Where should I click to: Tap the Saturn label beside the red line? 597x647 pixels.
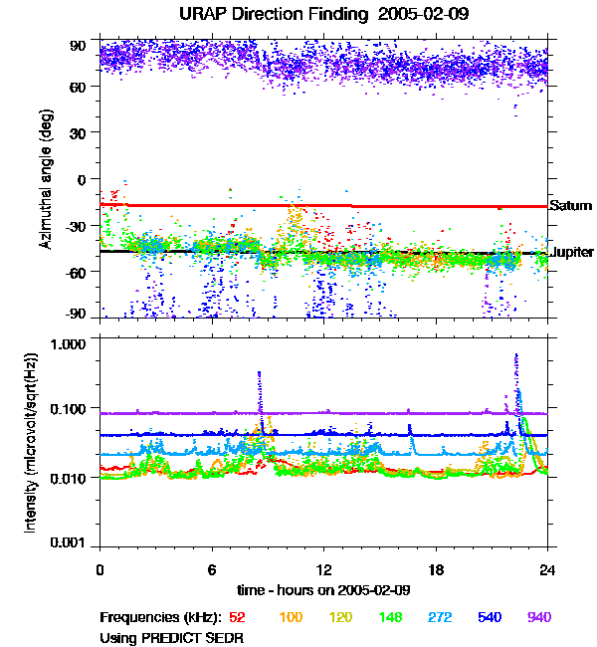571,206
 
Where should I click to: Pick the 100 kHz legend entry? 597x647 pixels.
291,617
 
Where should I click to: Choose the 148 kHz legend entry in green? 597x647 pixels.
390,617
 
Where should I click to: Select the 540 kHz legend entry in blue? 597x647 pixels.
490,617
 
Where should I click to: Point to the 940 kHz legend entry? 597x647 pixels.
539,617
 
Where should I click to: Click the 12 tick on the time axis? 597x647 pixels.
323,569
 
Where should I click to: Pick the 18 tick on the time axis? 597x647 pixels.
436,569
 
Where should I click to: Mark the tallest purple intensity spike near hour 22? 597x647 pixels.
516,356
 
